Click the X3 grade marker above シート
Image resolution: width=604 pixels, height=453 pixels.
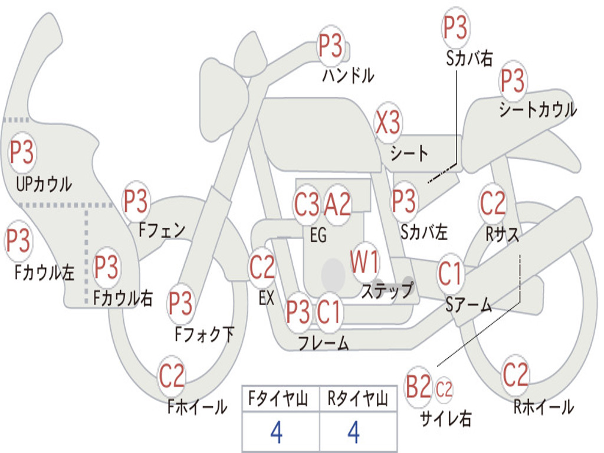click(x=388, y=123)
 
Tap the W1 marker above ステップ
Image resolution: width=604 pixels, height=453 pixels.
click(x=364, y=262)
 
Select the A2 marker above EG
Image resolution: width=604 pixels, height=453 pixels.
click(x=337, y=203)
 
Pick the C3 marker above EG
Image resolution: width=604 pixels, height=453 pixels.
click(x=307, y=203)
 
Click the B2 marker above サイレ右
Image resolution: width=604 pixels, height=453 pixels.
click(x=418, y=387)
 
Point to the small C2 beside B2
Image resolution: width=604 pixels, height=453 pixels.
click(x=444, y=389)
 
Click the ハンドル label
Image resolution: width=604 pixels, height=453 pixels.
click(x=348, y=75)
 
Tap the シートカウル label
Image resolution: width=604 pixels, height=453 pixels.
click(x=538, y=109)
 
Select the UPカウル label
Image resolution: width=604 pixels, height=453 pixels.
click(x=44, y=184)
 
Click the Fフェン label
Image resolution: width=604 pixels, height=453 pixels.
click(x=162, y=230)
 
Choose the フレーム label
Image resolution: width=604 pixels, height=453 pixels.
click(x=324, y=343)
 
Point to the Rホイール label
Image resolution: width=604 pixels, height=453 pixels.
click(x=544, y=407)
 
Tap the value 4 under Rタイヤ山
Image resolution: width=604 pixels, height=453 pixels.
click(x=354, y=432)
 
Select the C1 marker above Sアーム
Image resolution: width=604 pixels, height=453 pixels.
click(x=449, y=274)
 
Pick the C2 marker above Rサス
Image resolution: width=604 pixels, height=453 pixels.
click(x=493, y=203)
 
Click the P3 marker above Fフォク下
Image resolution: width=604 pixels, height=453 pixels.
click(x=180, y=304)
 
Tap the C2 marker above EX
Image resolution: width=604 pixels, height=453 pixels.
click(x=262, y=267)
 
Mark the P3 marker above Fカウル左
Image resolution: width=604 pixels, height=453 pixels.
click(x=18, y=241)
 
